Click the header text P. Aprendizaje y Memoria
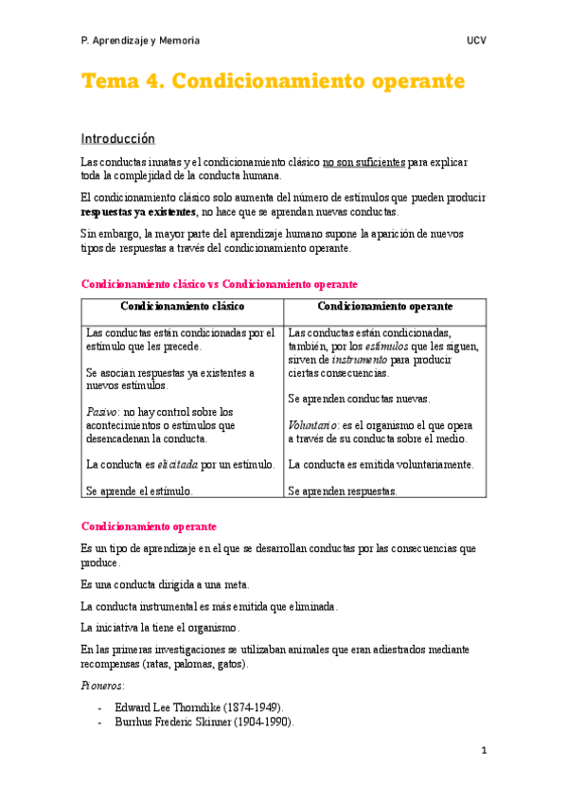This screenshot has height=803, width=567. coord(140,41)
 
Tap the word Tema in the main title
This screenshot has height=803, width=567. coord(109,80)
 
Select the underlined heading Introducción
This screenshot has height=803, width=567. coord(118,138)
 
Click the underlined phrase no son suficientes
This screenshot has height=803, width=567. coord(363,162)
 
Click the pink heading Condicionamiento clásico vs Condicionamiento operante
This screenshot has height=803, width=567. coord(220,283)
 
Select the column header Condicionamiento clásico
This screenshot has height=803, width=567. coord(182,307)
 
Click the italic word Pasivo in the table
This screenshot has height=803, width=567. coord(102,412)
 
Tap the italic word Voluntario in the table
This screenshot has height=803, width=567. coord(313,425)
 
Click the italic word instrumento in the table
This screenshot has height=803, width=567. coord(359,360)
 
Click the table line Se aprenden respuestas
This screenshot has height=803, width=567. coord(343,491)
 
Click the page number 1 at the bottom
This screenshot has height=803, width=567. coord(483,751)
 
